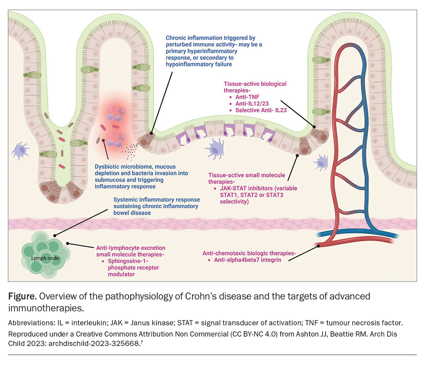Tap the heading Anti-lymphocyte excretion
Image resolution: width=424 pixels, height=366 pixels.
[130, 248]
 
